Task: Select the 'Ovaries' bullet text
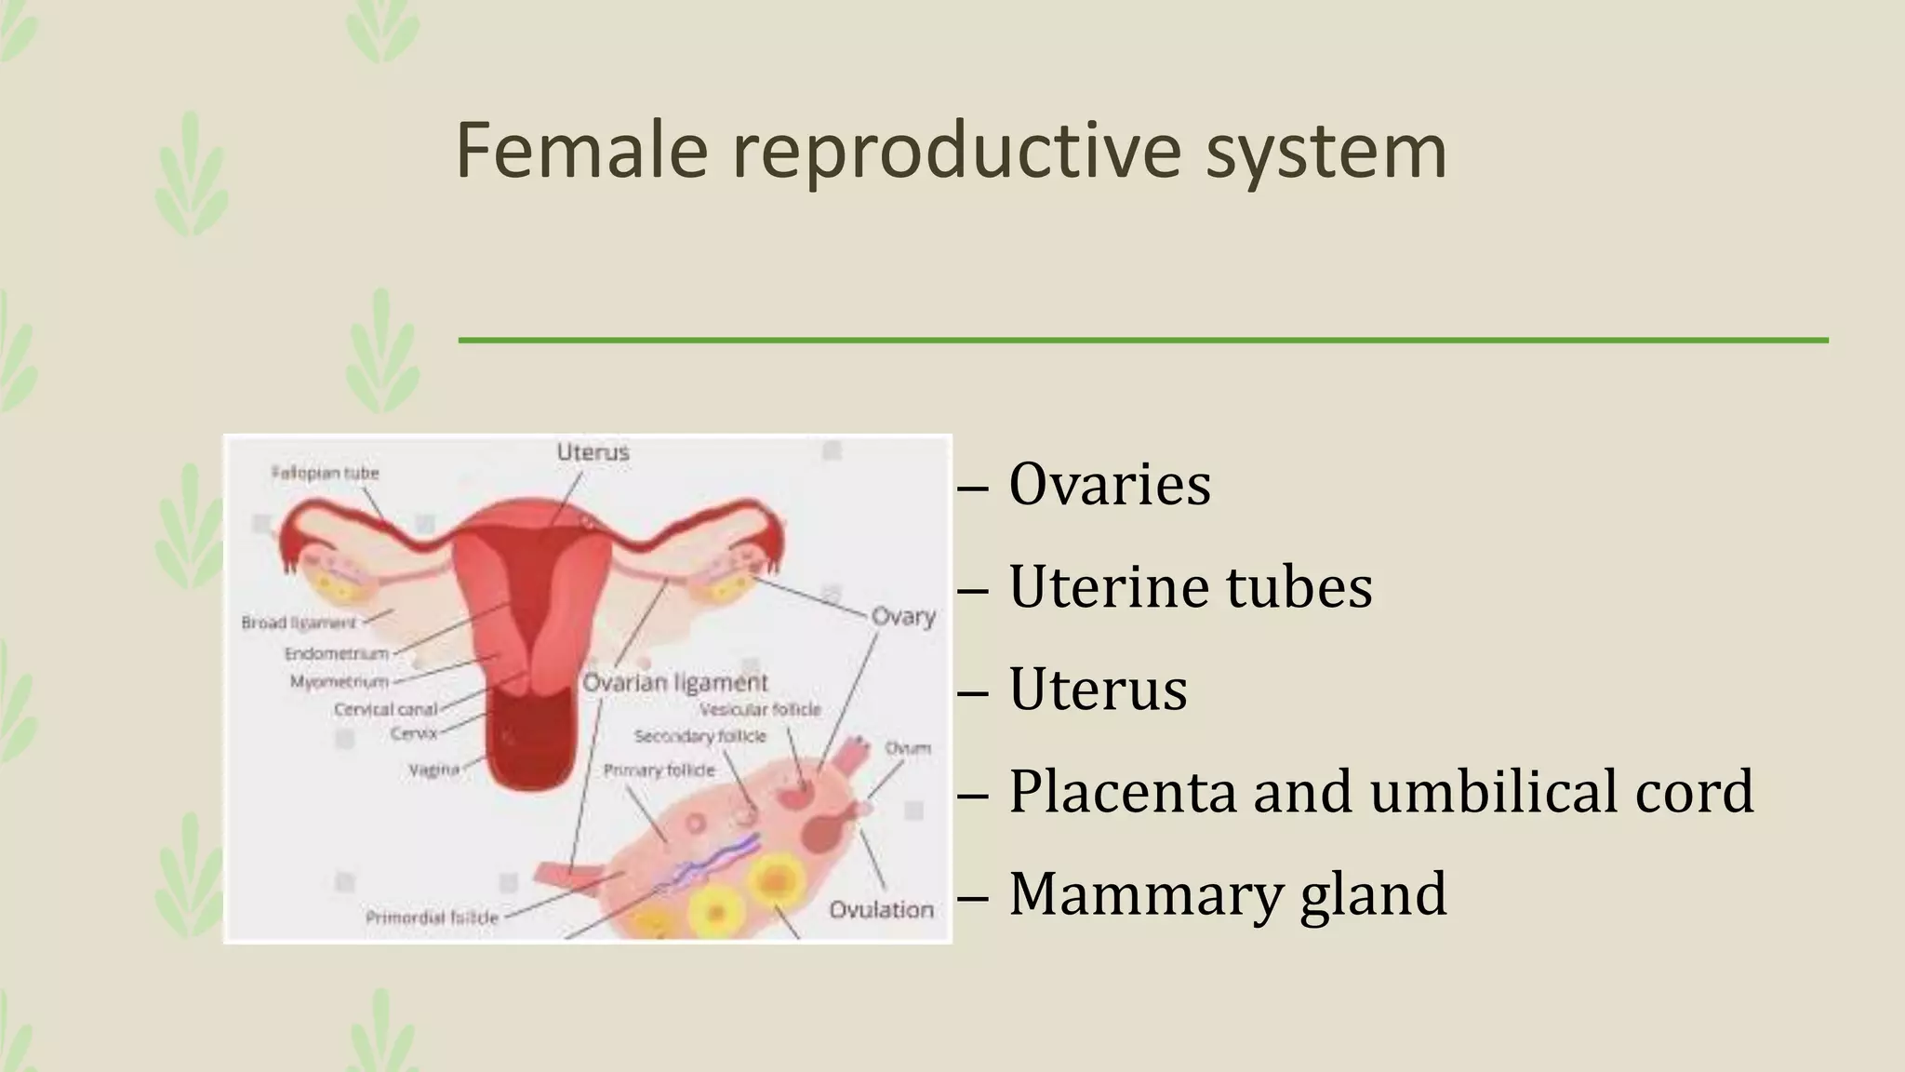click(1110, 484)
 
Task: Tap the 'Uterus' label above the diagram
click(593, 452)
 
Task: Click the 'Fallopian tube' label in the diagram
click(326, 473)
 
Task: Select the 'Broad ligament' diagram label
click(299, 623)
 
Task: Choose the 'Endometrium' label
click(336, 653)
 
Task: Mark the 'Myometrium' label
click(339, 682)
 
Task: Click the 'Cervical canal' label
click(385, 710)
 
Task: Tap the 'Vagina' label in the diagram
click(433, 770)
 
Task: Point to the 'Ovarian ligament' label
click(675, 683)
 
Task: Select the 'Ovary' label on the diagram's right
click(903, 616)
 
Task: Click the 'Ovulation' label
click(881, 909)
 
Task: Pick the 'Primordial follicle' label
click(432, 918)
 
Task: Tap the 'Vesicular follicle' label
click(760, 710)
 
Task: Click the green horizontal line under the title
click(1142, 341)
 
